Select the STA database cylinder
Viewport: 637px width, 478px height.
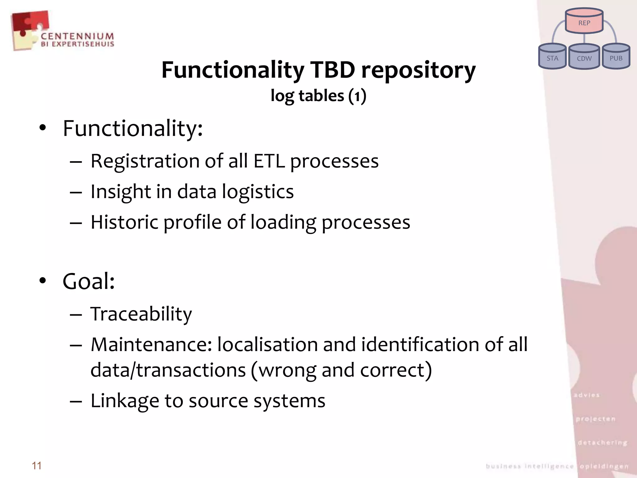[x=552, y=57]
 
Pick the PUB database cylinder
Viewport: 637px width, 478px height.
[x=616, y=57]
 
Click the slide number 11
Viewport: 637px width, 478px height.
[x=37, y=466]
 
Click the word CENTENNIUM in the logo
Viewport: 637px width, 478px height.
[x=77, y=36]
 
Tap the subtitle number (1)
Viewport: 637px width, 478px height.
[x=357, y=96]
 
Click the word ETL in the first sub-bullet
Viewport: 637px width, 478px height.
[x=269, y=161]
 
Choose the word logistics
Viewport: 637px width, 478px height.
[x=258, y=192]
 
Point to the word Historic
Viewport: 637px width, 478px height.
[x=124, y=222]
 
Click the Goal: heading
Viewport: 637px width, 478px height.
[x=89, y=281]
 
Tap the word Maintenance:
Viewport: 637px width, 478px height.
[x=151, y=344]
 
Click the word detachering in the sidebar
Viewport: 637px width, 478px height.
[x=602, y=443]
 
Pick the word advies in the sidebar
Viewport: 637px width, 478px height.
[x=587, y=395]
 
